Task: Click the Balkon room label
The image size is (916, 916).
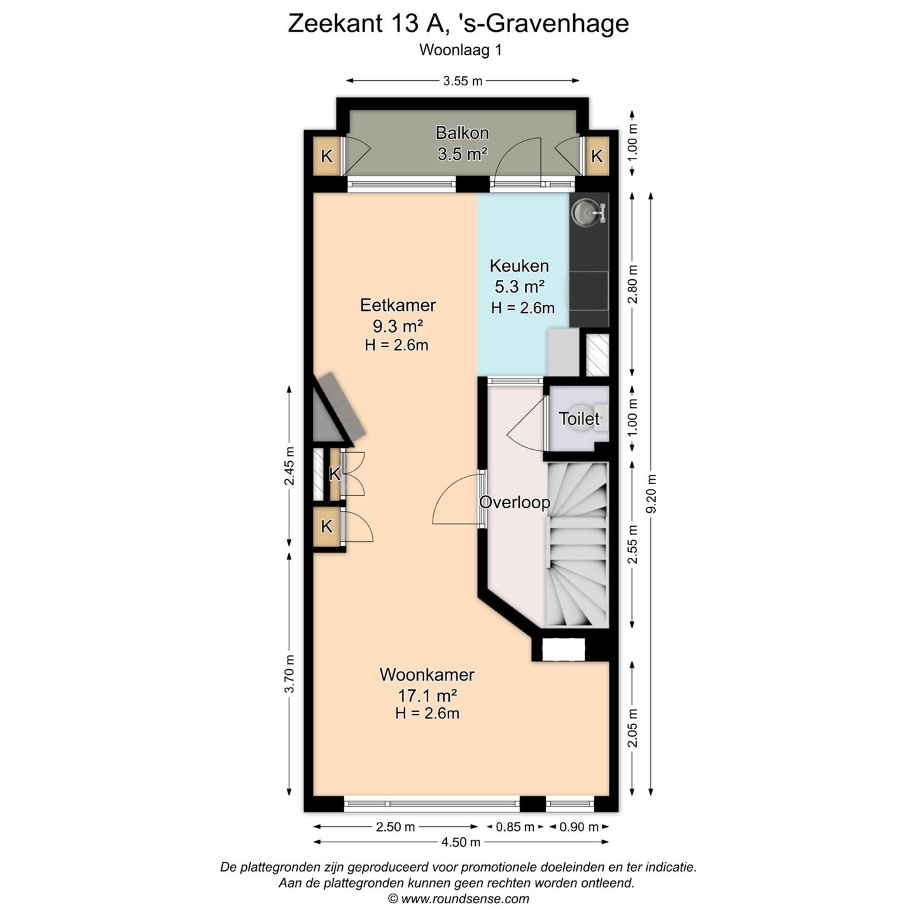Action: tap(462, 133)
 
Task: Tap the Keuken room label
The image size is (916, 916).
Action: tap(519, 266)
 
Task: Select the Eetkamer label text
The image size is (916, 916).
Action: tap(398, 305)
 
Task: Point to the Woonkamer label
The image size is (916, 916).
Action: tap(427, 674)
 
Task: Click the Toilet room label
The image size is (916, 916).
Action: tap(579, 419)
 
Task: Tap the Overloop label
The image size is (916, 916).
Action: tap(514, 503)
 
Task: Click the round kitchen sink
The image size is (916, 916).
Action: tap(585, 212)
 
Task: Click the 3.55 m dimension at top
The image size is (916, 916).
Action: tap(462, 81)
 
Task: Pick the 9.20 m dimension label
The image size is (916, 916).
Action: tap(651, 494)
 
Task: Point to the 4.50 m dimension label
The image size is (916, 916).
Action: tap(461, 842)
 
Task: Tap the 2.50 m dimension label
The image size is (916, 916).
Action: tap(395, 827)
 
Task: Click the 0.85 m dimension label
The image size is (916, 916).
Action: tap(515, 827)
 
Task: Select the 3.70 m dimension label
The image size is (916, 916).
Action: tap(289, 674)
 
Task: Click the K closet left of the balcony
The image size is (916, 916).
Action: tap(327, 156)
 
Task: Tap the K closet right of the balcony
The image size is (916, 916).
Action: tap(597, 156)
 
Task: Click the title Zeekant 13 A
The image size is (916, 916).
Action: tap(458, 24)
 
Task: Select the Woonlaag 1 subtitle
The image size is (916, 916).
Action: tap(461, 50)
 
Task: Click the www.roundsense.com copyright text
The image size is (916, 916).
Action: tap(458, 899)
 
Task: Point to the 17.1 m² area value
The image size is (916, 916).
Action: tap(427, 695)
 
